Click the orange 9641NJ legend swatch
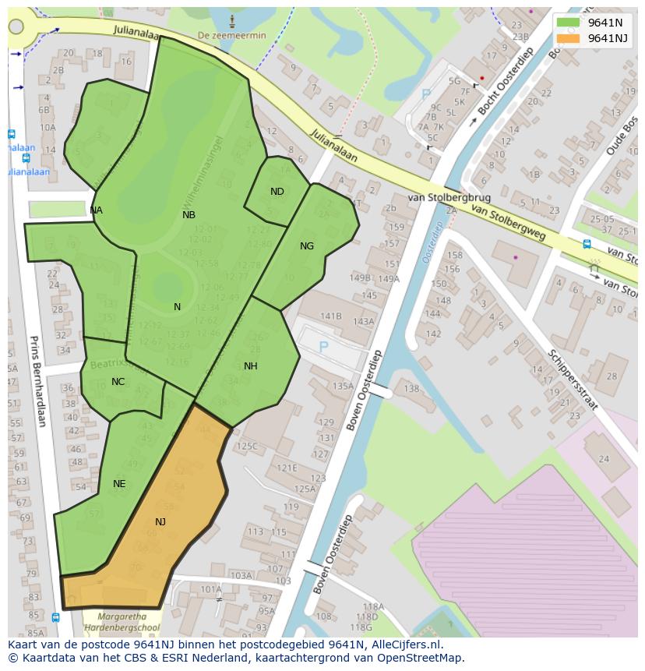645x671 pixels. point(569,38)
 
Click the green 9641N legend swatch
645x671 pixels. point(569,23)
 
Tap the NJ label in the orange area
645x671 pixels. point(160,522)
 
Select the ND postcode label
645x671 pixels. point(277,192)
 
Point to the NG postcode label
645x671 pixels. point(307,246)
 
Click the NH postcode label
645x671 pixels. point(251,366)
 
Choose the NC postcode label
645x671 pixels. point(118,382)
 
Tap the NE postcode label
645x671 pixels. point(119,484)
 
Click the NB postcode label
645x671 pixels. point(189,215)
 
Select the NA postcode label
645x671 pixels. point(96,210)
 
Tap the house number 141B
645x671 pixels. point(331,316)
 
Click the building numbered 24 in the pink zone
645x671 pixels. point(604,459)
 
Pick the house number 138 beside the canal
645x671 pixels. point(411,389)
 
